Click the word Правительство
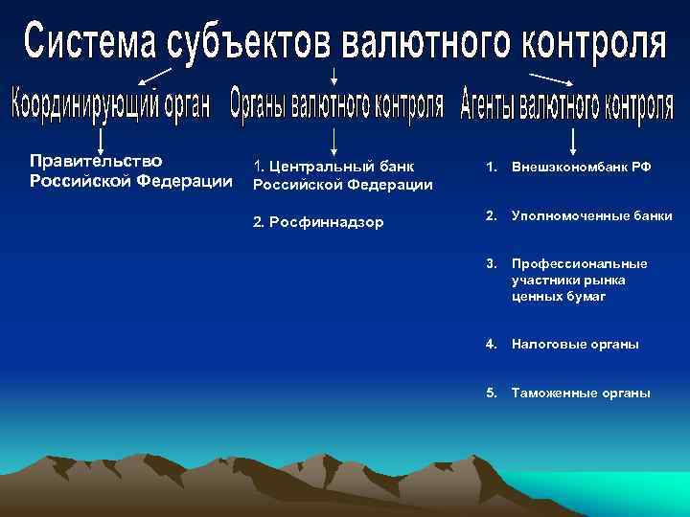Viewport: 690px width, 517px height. point(96,160)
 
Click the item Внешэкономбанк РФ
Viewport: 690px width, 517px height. point(581,167)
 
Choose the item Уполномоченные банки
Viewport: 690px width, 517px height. point(591,216)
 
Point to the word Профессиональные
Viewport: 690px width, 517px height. point(579,263)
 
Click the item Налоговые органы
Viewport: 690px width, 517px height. point(575,344)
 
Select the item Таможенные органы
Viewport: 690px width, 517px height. point(581,393)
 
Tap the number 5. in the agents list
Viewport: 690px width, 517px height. point(492,393)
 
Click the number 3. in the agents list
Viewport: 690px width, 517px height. point(492,263)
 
